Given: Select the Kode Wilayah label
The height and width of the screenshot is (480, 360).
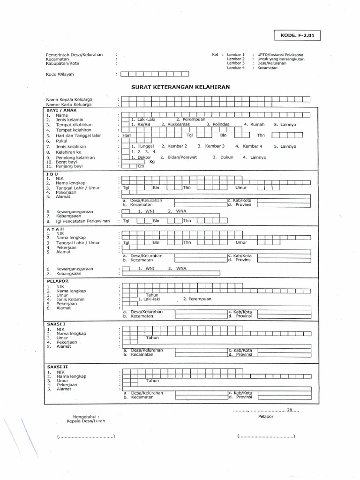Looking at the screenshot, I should coord(60,74).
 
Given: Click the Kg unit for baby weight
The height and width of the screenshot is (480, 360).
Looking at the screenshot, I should coord(152,162).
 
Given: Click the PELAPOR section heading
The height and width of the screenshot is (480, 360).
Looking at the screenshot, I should coord(58,281).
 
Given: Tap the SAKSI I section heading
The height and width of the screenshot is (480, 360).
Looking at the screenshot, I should coord(56,324).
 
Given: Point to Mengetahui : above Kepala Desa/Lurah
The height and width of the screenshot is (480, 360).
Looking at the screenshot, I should coord(86,416).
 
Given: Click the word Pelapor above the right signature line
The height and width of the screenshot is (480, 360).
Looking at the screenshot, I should coord(265,416).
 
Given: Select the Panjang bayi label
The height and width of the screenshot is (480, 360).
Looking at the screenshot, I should coord(69,166).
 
